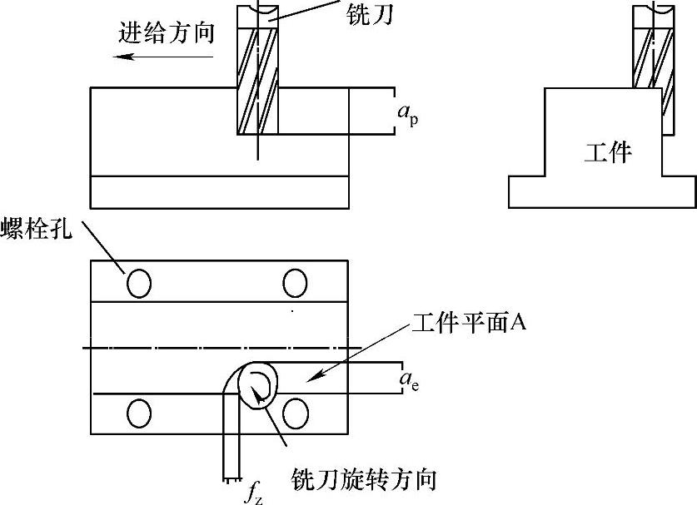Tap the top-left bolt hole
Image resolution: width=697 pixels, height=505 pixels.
[x=139, y=284]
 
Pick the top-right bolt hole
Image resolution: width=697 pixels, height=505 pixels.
[x=296, y=284]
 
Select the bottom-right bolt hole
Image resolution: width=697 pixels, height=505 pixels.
[x=296, y=413]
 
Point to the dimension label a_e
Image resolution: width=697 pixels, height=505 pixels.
[x=408, y=381]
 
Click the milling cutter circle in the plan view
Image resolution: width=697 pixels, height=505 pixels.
[x=256, y=383]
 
